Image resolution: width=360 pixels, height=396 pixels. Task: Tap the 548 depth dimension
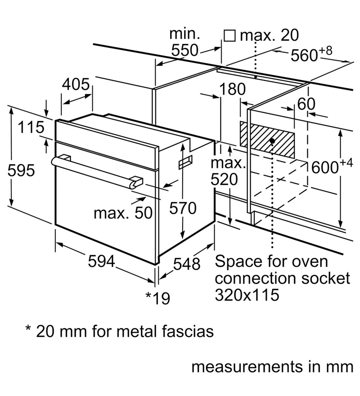tap(186, 264)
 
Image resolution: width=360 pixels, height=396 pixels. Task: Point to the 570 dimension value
tap(183, 208)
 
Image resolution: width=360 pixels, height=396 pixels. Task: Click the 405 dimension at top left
tap(76, 84)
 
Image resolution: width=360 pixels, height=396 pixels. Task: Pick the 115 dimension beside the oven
tap(30, 127)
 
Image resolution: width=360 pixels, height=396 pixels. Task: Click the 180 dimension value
tap(232, 89)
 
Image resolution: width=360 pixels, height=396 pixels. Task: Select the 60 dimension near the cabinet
tap(306, 104)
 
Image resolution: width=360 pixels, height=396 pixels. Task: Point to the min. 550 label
tap(185, 43)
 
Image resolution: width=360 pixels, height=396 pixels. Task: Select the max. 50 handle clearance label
tap(123, 213)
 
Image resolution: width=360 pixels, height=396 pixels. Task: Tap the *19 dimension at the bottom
tap(158, 298)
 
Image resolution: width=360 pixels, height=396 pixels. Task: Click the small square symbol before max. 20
tap(230, 36)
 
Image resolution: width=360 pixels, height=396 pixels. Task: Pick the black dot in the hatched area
tap(272, 141)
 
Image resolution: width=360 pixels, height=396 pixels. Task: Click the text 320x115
tap(247, 295)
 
